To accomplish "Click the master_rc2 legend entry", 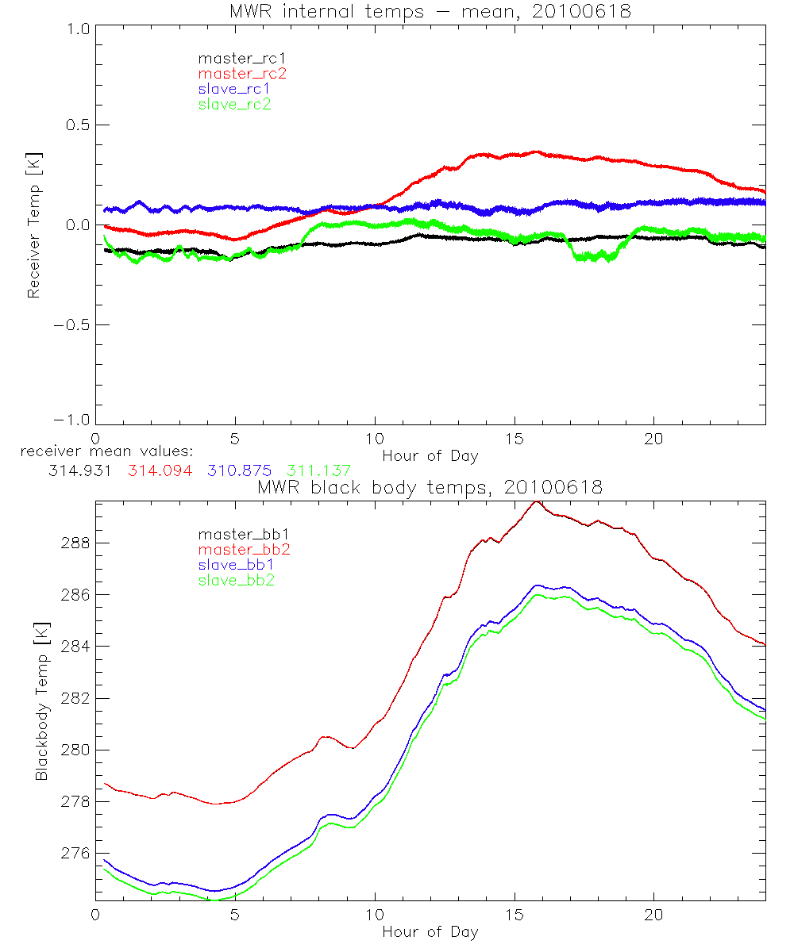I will (242, 73).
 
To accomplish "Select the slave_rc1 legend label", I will (234, 89).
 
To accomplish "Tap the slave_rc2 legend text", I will (234, 104).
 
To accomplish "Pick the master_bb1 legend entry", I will (239, 534).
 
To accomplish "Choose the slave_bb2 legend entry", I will (237, 582).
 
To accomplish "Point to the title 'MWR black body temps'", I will (430, 488).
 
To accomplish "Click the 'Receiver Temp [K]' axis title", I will (33, 225).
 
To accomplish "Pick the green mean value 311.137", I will (318, 471).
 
